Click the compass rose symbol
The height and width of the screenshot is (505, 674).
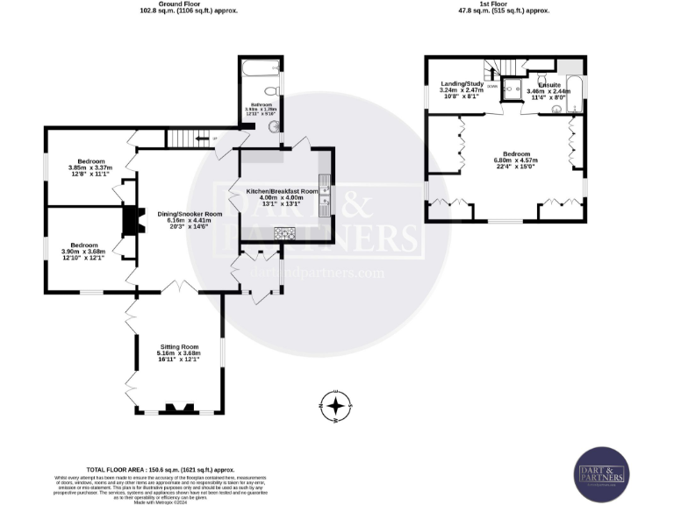click(335, 405)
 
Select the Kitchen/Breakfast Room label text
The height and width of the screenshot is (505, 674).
click(282, 190)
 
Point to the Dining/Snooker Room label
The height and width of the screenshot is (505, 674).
click(190, 214)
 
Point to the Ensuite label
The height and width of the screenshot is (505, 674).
click(550, 85)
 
